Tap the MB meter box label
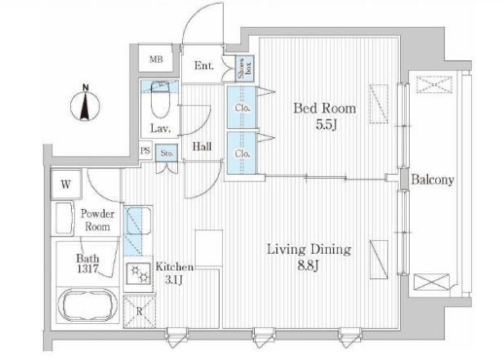click(x=156, y=60)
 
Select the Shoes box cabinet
click(x=245, y=69)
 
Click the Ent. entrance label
click(x=204, y=66)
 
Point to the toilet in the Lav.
click(x=160, y=100)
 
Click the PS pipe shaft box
click(x=145, y=150)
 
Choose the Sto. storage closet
click(x=167, y=153)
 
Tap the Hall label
click(x=203, y=147)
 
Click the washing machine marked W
click(x=66, y=184)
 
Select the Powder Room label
click(x=97, y=220)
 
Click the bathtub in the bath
click(x=87, y=304)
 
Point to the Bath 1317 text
click(x=87, y=264)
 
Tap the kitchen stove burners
click(x=139, y=273)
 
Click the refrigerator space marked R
click(x=140, y=312)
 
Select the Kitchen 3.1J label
click(x=175, y=273)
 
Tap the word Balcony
click(x=433, y=180)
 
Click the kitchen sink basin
click(x=139, y=221)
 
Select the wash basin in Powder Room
click(x=65, y=218)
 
